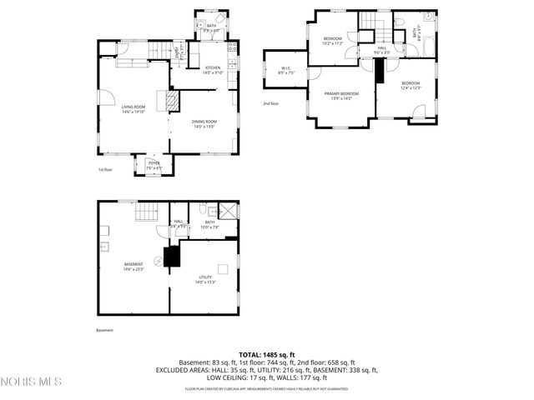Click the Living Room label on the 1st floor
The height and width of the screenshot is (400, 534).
click(133, 109)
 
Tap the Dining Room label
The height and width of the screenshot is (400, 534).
click(204, 124)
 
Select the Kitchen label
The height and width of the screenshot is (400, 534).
click(212, 70)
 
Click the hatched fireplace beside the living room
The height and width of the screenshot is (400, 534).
click(172, 101)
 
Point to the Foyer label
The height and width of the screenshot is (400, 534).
click(154, 165)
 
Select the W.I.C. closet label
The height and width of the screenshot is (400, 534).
click(285, 70)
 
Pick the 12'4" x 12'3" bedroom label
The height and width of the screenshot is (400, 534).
click(410, 85)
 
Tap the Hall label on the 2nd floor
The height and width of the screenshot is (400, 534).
click(380, 50)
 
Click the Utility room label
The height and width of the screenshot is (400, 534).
click(204, 279)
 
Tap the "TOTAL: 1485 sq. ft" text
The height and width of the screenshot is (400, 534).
click(266, 355)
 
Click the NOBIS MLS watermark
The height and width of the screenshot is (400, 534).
click(32, 382)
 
